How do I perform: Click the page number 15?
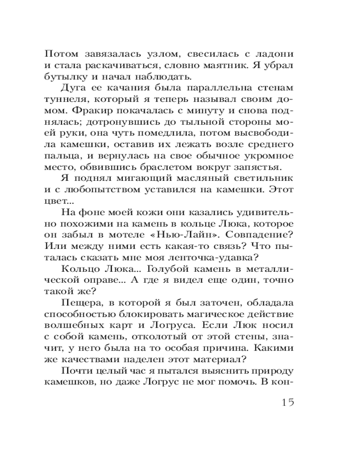click(x=284, y=402)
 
